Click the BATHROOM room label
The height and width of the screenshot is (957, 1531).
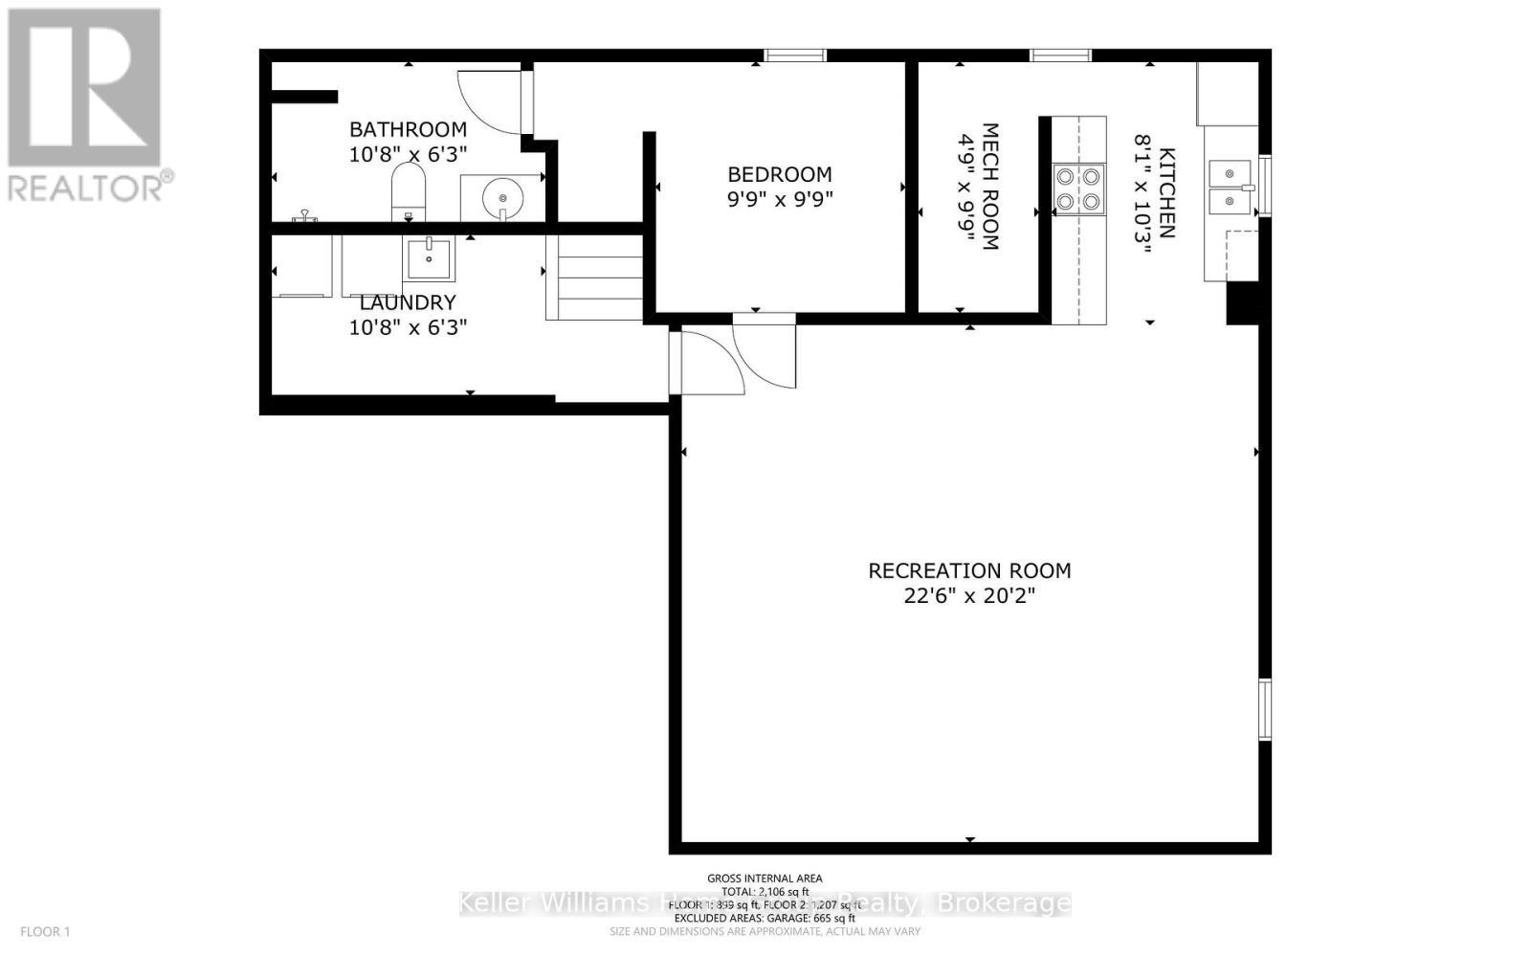point(408,129)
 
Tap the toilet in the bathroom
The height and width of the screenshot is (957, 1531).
point(409,191)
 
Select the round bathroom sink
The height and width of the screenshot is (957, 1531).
point(502,198)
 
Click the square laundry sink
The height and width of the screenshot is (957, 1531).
point(430,257)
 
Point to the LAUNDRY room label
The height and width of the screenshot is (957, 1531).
point(408,302)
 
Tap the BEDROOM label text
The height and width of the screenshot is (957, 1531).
point(779,174)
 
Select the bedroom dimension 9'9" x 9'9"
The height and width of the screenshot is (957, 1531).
point(779,200)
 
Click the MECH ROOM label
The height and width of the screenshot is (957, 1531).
point(990,187)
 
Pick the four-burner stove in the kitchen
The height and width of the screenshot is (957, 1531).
point(1078,189)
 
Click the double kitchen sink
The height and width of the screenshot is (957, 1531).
point(1230,188)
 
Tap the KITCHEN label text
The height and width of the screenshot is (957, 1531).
point(1167,192)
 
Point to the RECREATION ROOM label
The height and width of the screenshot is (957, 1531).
point(969,570)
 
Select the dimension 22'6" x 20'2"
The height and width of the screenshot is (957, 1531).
point(969,596)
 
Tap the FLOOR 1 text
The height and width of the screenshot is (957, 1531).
point(46,931)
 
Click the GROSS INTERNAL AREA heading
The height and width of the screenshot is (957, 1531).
point(765,878)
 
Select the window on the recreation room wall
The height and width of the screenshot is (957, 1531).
point(1264,709)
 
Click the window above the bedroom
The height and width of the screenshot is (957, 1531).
point(795,56)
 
